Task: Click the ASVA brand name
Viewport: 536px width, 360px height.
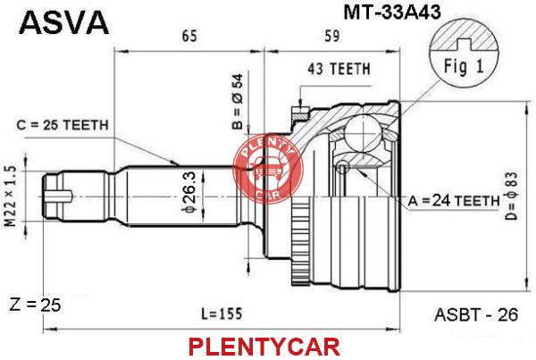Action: click(x=64, y=21)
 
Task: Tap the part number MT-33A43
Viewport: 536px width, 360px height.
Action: click(x=392, y=13)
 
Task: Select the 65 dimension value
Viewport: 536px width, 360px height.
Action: click(x=189, y=36)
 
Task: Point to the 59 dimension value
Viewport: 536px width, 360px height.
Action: click(x=331, y=36)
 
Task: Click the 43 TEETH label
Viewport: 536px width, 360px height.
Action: click(x=339, y=69)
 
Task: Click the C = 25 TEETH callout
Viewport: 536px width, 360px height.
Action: click(x=63, y=125)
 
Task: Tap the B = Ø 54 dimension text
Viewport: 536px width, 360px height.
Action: click(x=238, y=102)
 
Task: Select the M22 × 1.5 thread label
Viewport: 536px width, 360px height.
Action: click(x=11, y=197)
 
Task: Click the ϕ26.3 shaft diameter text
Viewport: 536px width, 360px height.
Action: click(x=189, y=192)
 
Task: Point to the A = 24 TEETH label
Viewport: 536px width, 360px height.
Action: click(x=454, y=201)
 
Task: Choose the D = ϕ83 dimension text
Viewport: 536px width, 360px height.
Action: click(x=512, y=196)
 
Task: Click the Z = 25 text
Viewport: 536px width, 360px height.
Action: click(x=35, y=305)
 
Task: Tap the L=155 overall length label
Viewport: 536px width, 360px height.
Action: click(x=222, y=314)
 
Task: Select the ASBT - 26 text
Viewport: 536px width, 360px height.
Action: click(x=476, y=314)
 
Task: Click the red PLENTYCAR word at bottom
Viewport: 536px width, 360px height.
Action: click(x=264, y=347)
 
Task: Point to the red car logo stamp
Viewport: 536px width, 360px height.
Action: click(x=268, y=168)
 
